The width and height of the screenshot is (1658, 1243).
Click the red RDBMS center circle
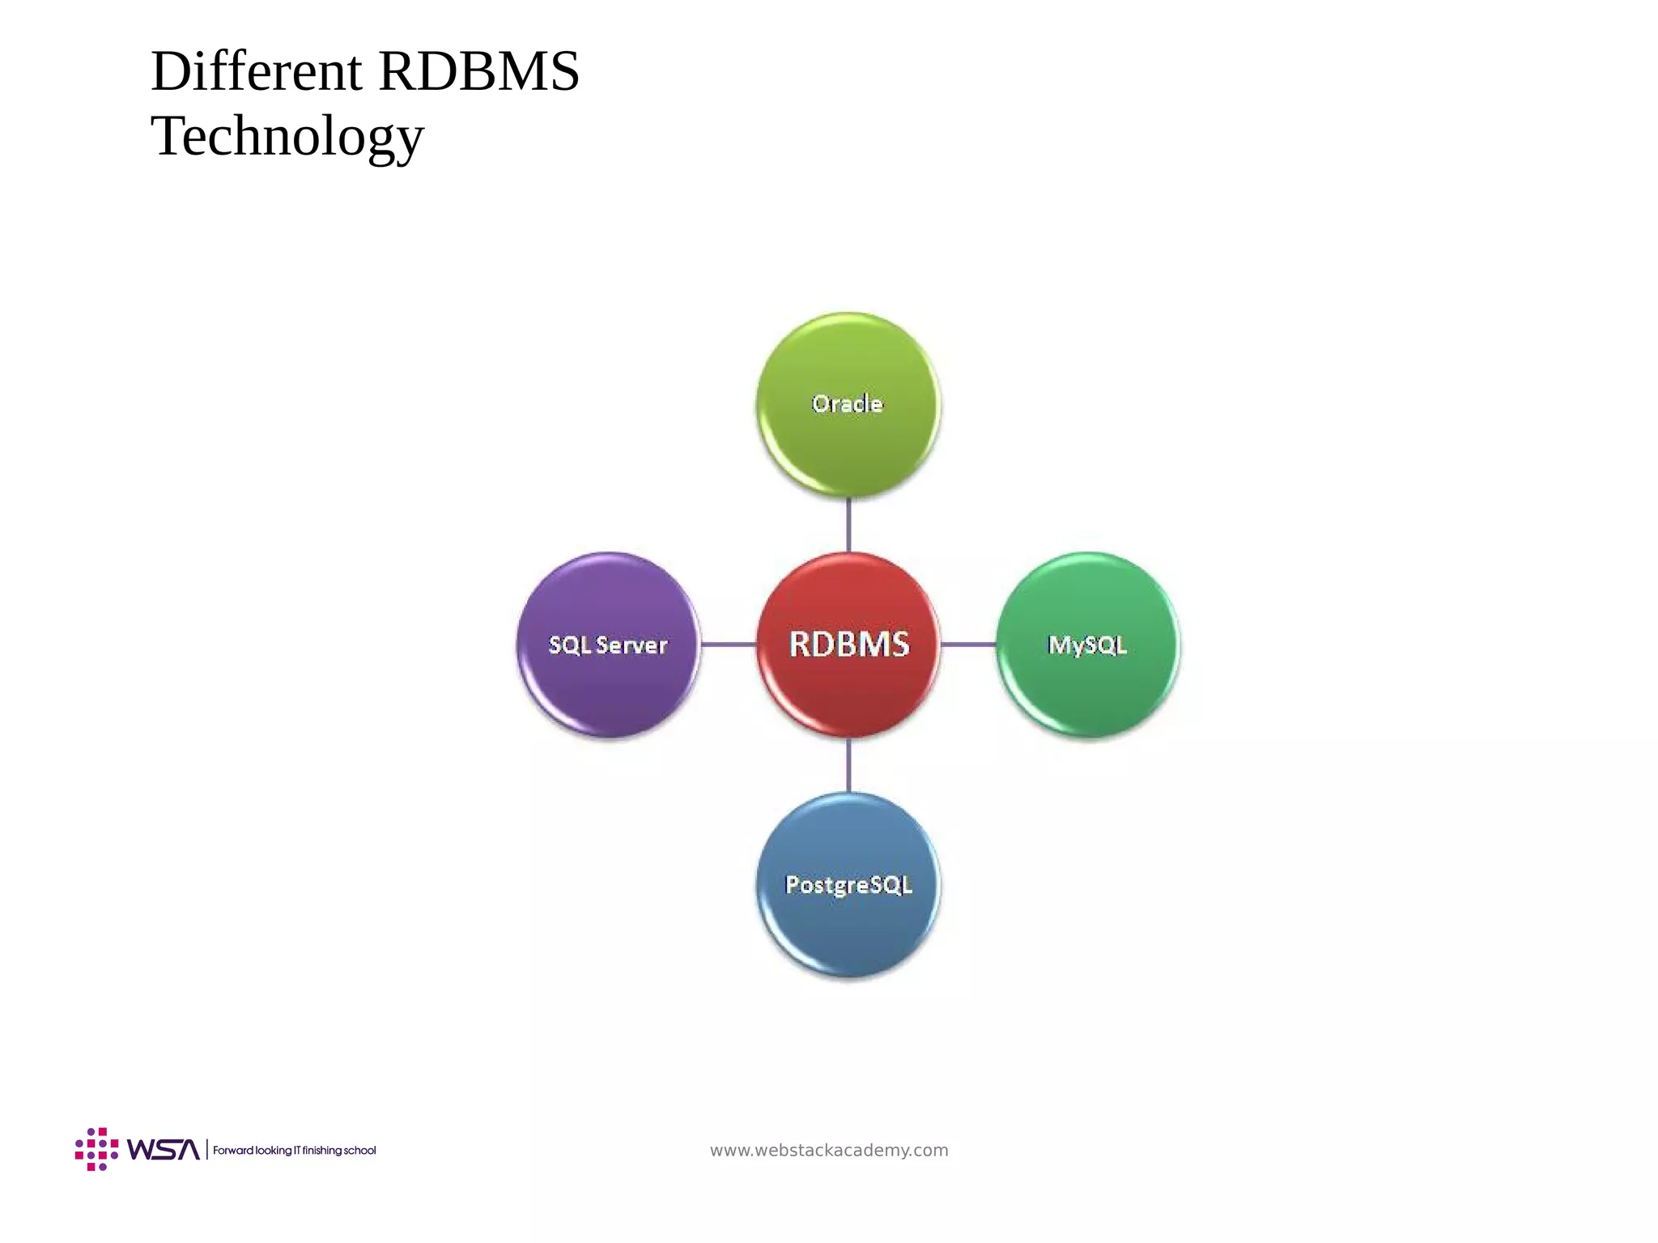click(848, 645)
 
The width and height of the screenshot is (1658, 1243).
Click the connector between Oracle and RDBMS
click(848, 525)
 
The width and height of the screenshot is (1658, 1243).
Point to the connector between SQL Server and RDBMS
click(729, 645)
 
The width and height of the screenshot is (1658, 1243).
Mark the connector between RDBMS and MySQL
click(968, 645)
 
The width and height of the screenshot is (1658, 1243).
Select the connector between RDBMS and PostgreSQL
click(848, 764)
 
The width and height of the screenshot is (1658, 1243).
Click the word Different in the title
click(256, 71)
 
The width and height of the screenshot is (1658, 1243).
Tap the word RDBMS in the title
click(478, 71)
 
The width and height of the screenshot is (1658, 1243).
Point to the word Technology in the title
click(287, 136)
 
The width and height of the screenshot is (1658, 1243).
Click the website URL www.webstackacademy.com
click(829, 1150)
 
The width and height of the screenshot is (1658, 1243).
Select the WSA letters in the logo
click(163, 1150)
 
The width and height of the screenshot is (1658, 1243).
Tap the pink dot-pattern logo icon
click(96, 1149)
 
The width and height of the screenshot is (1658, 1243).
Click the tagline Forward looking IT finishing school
click(295, 1151)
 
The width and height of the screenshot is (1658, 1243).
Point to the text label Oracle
click(848, 403)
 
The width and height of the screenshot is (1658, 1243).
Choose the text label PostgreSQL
click(848, 884)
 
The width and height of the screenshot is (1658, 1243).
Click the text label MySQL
click(1087, 645)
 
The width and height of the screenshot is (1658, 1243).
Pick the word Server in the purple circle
click(631, 645)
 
